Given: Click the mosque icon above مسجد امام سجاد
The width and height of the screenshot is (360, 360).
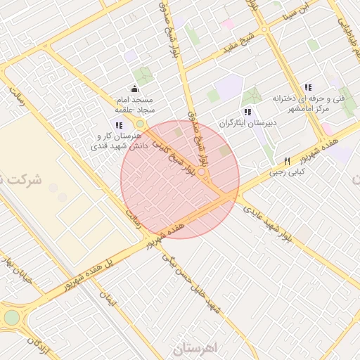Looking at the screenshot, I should (135, 90).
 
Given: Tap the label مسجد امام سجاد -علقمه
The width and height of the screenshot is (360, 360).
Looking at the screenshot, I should (136, 105).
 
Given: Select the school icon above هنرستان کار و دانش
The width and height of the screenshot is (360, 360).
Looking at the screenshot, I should (119, 125).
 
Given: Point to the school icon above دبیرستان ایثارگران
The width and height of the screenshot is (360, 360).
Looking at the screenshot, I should (246, 112).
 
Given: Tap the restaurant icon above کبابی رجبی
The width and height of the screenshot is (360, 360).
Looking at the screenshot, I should (287, 161).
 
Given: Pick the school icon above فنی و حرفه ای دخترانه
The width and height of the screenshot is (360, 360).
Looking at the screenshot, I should (307, 88).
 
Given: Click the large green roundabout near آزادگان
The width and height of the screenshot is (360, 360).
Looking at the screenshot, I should (12, 317).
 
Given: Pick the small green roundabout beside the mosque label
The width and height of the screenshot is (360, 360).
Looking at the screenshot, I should (140, 124).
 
